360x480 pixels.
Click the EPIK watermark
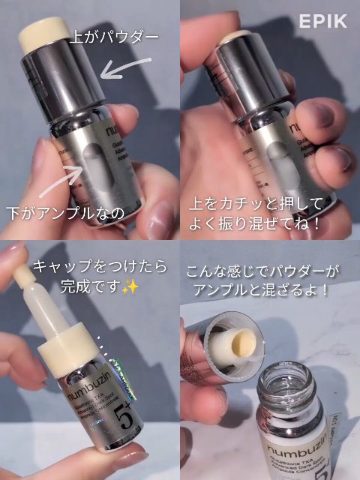(x=323, y=21)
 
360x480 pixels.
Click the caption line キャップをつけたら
(x=103, y=268)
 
